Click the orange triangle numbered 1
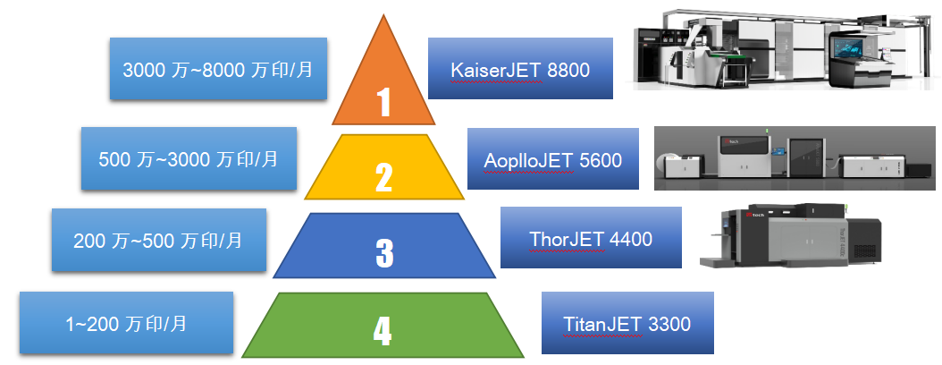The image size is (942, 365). [383, 85]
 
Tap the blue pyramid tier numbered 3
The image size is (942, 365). [384, 245]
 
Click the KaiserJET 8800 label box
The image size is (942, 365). [519, 68]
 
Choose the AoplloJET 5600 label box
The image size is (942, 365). [553, 158]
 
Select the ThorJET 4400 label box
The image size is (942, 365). [590, 238]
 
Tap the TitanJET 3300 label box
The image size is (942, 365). [627, 323]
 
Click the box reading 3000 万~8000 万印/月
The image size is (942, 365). [218, 68]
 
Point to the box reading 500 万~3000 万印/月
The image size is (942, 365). [189, 159]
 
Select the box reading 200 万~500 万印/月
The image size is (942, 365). [158, 241]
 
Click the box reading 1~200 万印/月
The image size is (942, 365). [126, 323]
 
